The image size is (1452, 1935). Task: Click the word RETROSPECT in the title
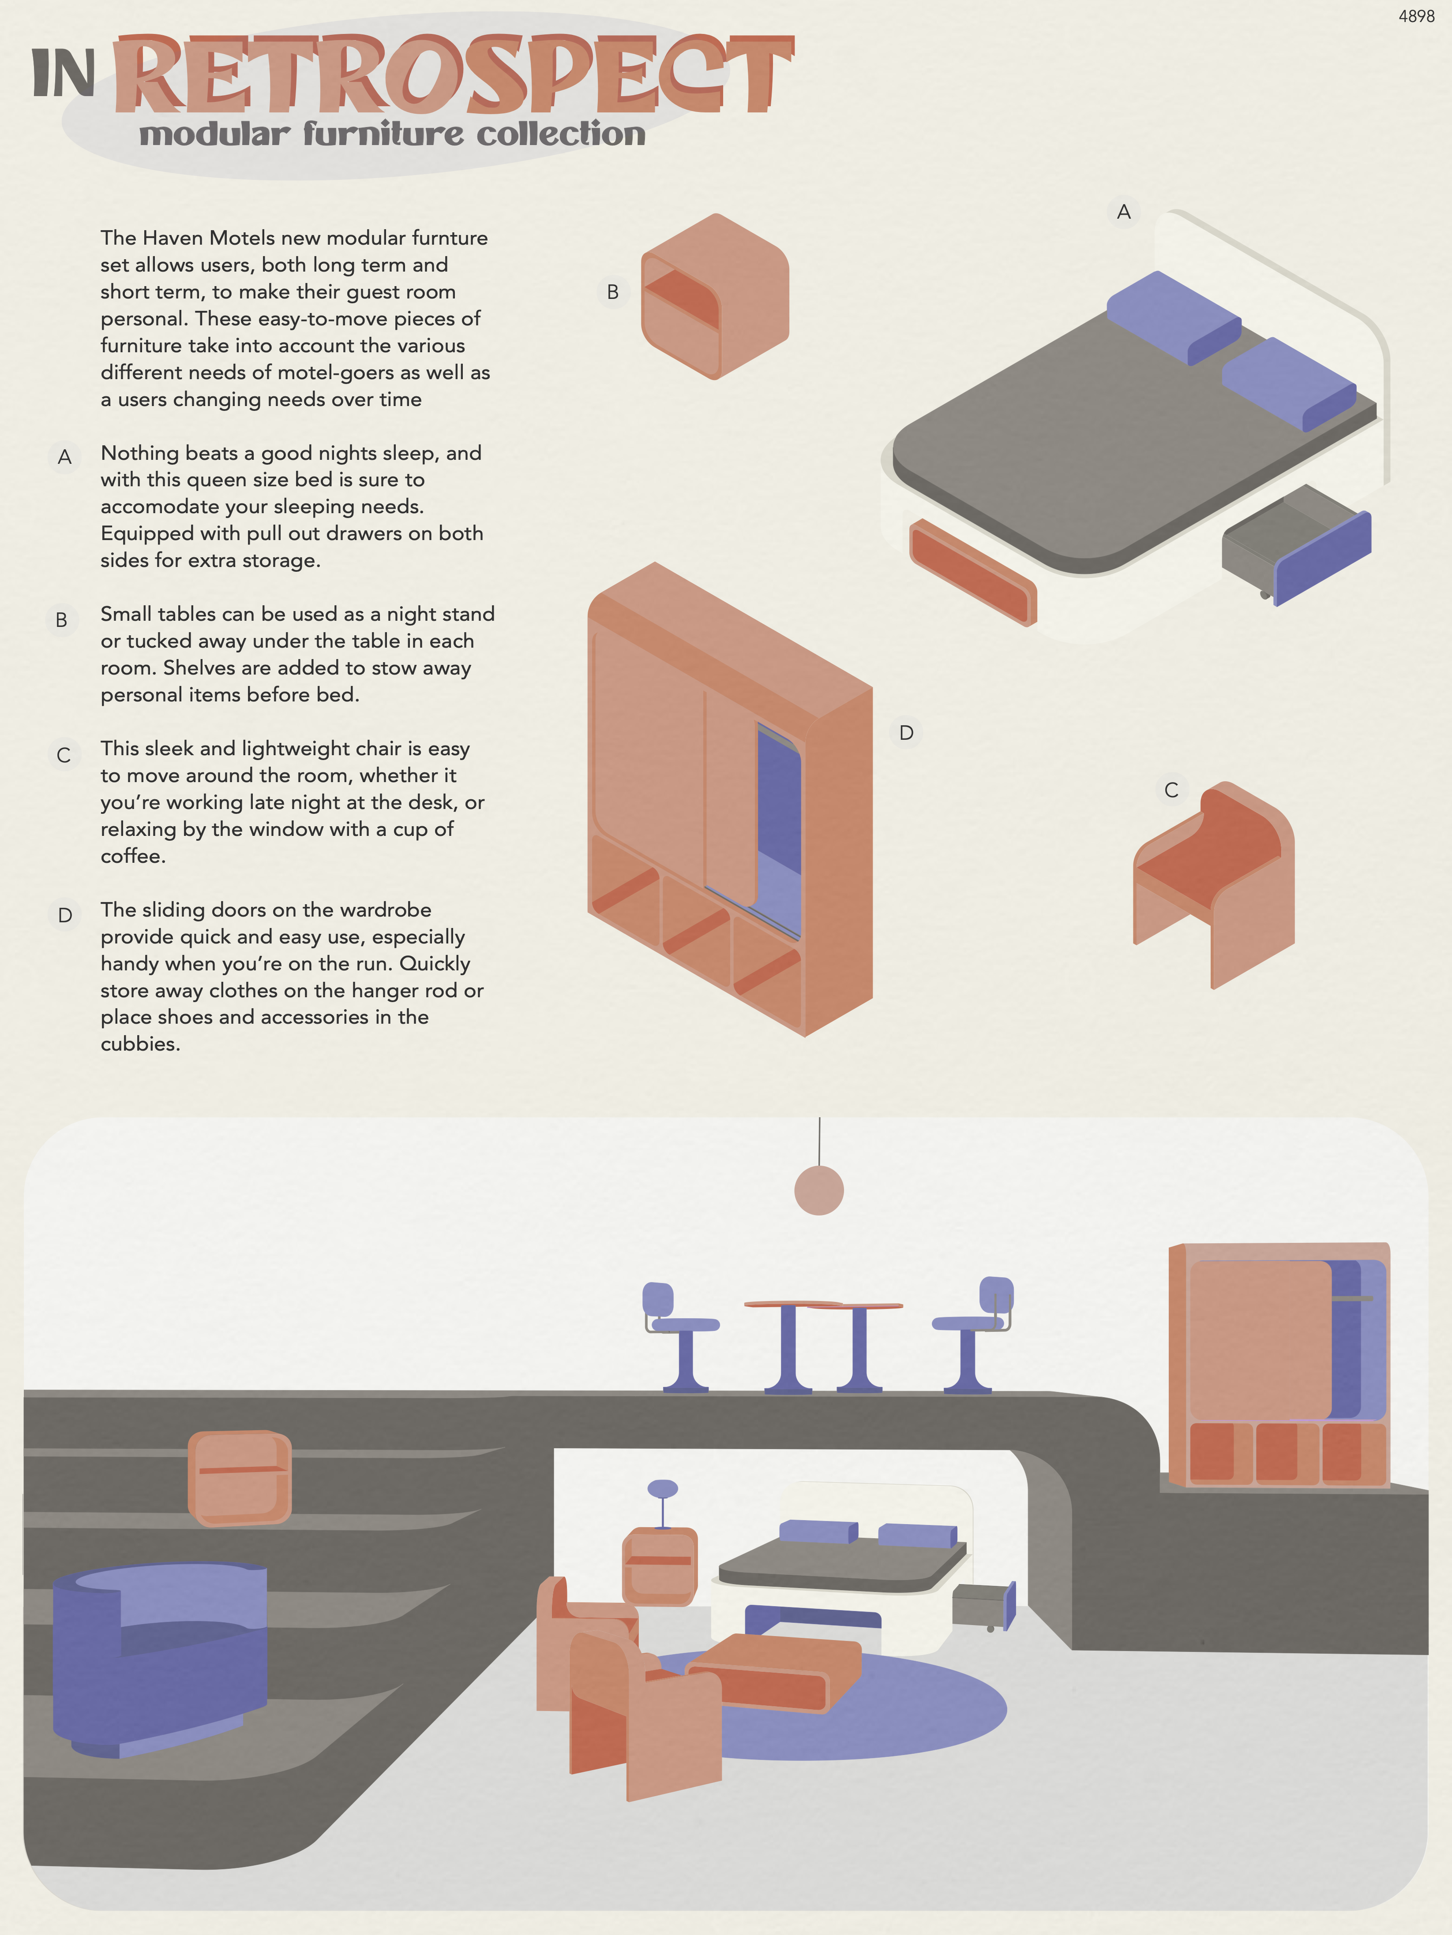pyautogui.click(x=454, y=75)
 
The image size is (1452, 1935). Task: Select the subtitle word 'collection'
pyautogui.click(x=561, y=134)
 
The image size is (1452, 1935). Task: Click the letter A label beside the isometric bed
pyautogui.click(x=1124, y=212)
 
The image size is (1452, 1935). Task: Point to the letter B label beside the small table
pyautogui.click(x=613, y=292)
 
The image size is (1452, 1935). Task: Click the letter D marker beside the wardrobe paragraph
pyautogui.click(x=65, y=915)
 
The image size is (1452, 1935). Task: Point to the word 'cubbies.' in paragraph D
pyautogui.click(x=140, y=1044)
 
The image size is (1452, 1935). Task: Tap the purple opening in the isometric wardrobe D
pyautogui.click(x=778, y=831)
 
